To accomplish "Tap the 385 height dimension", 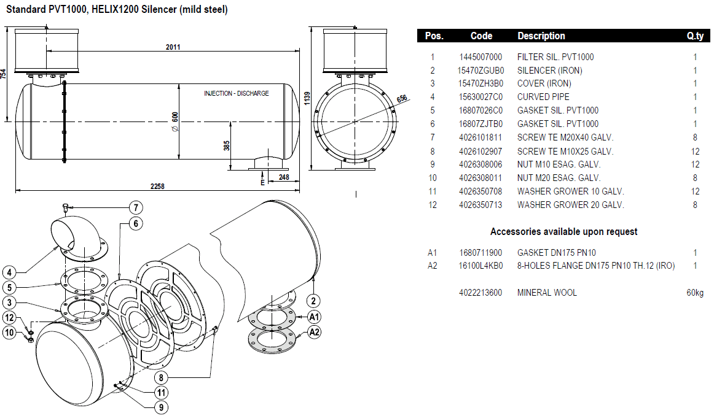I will coord(226,146).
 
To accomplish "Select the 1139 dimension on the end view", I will coord(307,98).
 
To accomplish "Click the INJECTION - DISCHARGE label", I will coord(236,93).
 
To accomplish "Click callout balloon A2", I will coord(314,332).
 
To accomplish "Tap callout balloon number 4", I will coord(9,272).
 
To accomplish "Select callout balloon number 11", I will coord(160,392).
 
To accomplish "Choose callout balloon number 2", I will coord(314,301).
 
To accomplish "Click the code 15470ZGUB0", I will coord(481,71).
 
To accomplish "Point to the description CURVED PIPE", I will coord(543,97).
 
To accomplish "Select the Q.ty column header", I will coord(695,36).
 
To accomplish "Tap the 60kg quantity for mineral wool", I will coord(694,293).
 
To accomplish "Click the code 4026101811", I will coord(481,137).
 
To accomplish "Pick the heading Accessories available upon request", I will coord(563,232).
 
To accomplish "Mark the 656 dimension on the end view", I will coord(402,98).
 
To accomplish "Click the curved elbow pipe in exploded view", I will coord(73,235).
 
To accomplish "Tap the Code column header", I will coord(481,36).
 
